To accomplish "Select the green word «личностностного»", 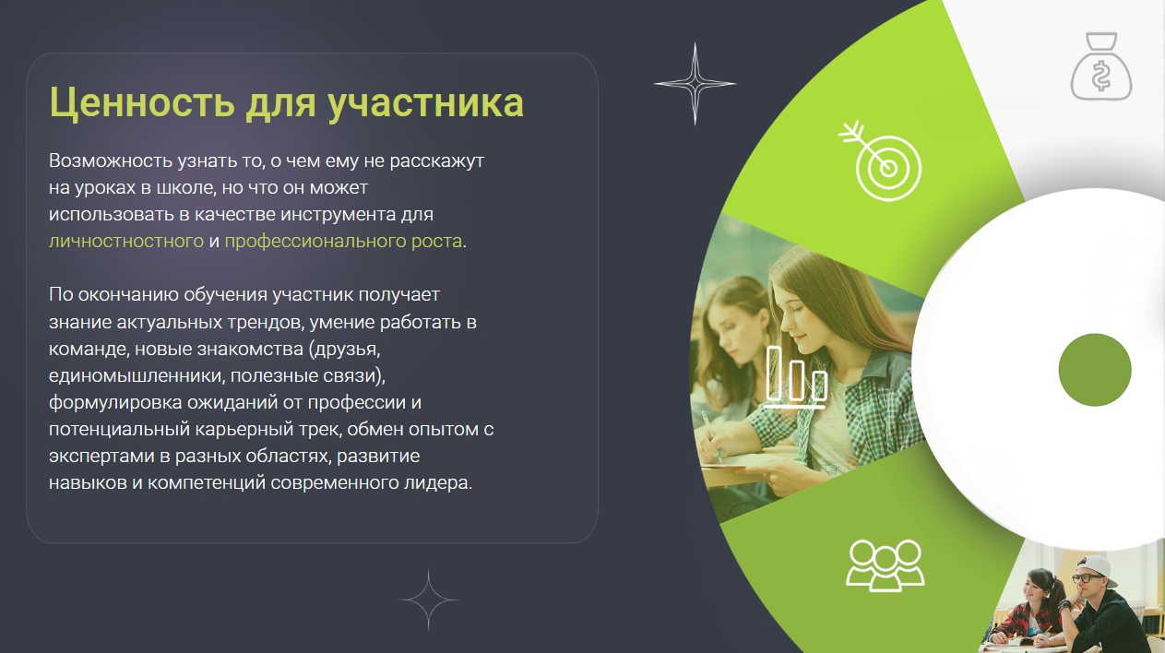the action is [126, 242].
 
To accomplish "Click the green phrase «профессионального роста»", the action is [343, 242].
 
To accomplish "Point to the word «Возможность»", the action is [111, 160].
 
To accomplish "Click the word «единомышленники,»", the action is [137, 375].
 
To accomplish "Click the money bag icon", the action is [1101, 66].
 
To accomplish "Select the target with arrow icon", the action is [881, 160].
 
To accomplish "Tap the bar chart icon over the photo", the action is [796, 377].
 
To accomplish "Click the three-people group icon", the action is [886, 565].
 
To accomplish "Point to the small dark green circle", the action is [1095, 370].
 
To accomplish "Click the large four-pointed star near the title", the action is [695, 84].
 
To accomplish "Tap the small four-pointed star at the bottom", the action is [428, 600].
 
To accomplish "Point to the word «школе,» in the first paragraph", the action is [185, 187].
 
